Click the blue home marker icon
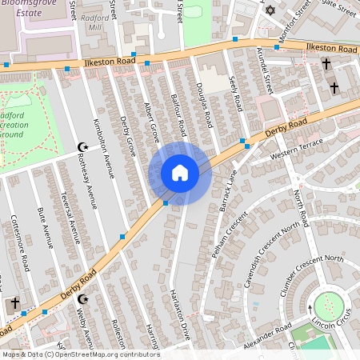180,173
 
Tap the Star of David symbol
270,11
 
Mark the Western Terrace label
296,147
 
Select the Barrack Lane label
227,190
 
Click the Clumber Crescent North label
312,276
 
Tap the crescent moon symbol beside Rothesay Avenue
81,146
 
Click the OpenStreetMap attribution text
80,354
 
